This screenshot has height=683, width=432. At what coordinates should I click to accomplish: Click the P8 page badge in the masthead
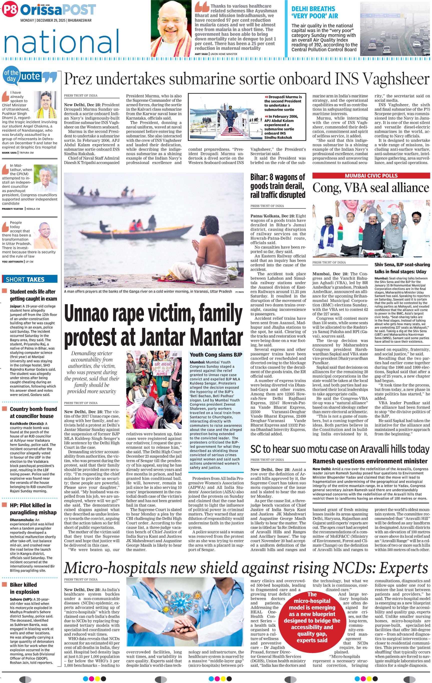click(10, 10)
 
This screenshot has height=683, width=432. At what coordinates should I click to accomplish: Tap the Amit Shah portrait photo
click(171, 29)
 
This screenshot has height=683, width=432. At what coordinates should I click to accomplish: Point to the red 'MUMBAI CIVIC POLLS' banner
click(371, 176)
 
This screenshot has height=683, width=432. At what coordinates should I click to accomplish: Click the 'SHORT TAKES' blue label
click(25, 279)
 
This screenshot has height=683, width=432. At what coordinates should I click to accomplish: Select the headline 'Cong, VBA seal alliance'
click(371, 188)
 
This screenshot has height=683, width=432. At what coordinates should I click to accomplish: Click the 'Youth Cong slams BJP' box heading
click(216, 354)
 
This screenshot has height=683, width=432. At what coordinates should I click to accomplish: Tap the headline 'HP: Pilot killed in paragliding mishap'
click(31, 509)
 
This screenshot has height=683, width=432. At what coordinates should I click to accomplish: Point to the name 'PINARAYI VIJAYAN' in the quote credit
click(13, 209)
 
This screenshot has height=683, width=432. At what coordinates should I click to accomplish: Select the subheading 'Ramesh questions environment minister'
click(370, 461)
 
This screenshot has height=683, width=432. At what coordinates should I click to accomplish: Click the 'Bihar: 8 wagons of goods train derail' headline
click(278, 186)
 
